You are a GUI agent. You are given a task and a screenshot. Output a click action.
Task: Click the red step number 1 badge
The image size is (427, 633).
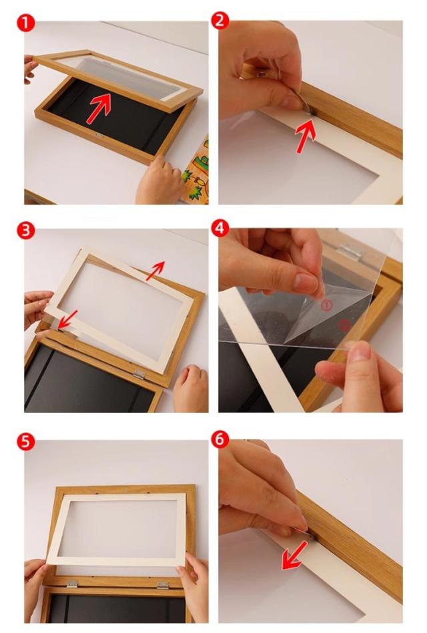(25, 23)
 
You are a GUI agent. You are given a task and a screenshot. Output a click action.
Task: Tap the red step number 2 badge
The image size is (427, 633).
(220, 20)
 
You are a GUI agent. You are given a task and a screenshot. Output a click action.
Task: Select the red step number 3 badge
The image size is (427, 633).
(25, 231)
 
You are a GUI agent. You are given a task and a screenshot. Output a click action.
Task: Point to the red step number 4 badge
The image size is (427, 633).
(220, 229)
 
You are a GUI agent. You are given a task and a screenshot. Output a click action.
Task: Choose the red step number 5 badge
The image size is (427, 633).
(25, 442)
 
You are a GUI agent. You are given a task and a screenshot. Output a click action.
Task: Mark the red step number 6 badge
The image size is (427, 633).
(220, 439)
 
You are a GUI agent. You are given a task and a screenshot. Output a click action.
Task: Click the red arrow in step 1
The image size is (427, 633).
(99, 108)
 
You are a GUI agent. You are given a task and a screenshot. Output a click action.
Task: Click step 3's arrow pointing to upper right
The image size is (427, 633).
(155, 270)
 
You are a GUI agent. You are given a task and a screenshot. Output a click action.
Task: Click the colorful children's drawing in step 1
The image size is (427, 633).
(196, 171)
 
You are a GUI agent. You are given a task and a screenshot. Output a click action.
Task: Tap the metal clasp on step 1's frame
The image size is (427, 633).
(99, 135)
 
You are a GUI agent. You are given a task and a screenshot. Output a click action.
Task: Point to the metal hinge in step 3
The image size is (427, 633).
(139, 374)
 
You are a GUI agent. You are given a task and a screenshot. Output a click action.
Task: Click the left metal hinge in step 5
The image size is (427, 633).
(72, 584)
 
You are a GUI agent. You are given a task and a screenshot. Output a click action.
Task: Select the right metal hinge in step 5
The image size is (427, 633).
(162, 585)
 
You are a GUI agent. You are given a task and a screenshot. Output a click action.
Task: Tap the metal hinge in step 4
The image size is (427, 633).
(350, 250)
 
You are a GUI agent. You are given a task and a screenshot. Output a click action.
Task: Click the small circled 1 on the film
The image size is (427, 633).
(327, 305)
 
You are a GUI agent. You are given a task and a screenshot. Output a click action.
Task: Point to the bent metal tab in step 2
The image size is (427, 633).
(303, 104)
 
